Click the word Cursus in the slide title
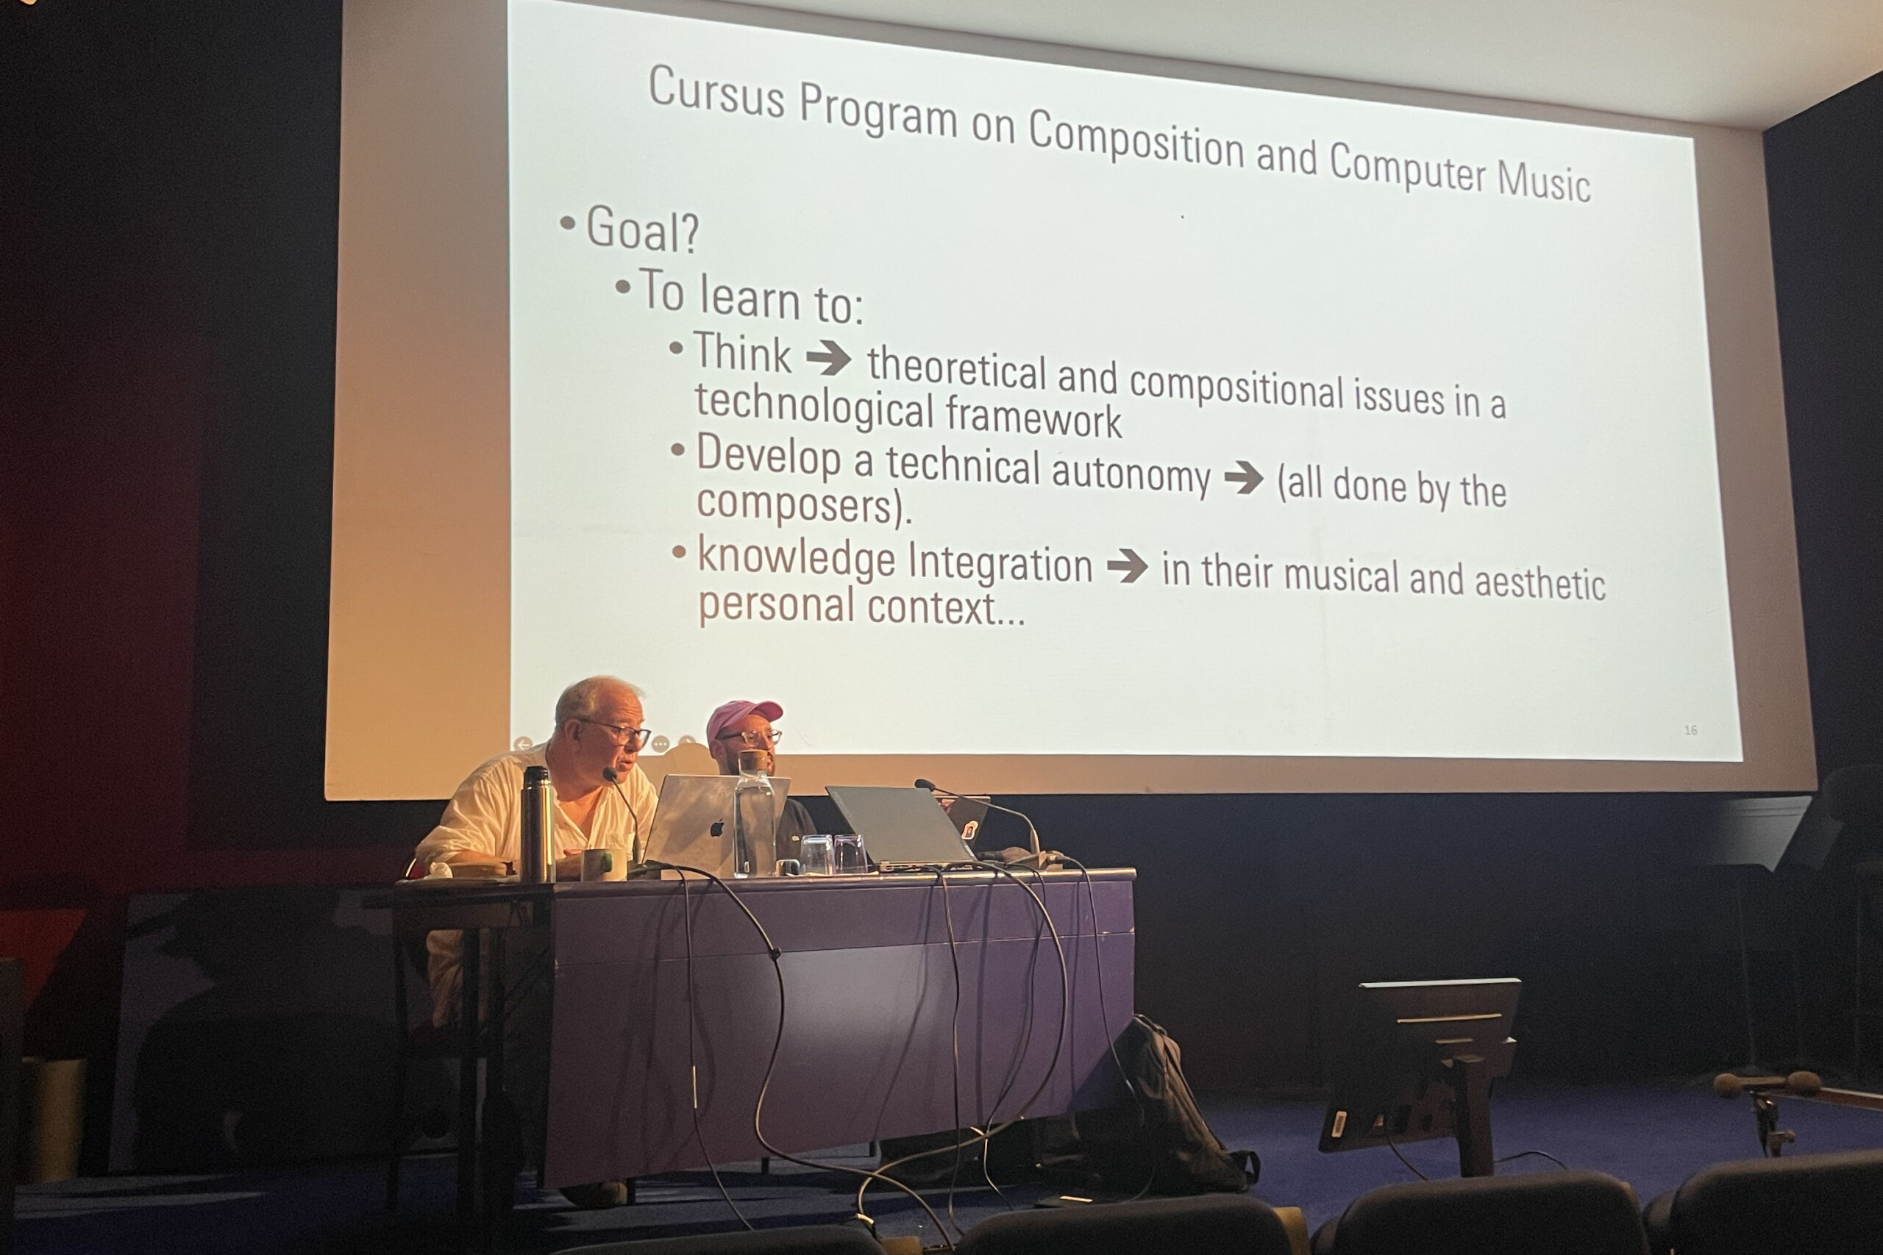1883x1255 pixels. tap(716, 93)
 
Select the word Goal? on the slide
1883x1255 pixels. tap(642, 229)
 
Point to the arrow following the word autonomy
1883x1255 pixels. tap(1243, 478)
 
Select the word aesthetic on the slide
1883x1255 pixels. tap(1539, 582)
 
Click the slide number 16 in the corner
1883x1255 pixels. tap(1690, 730)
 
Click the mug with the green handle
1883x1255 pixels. tap(603, 865)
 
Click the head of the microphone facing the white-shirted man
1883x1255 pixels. tap(609, 775)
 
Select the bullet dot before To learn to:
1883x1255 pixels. tap(622, 286)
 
